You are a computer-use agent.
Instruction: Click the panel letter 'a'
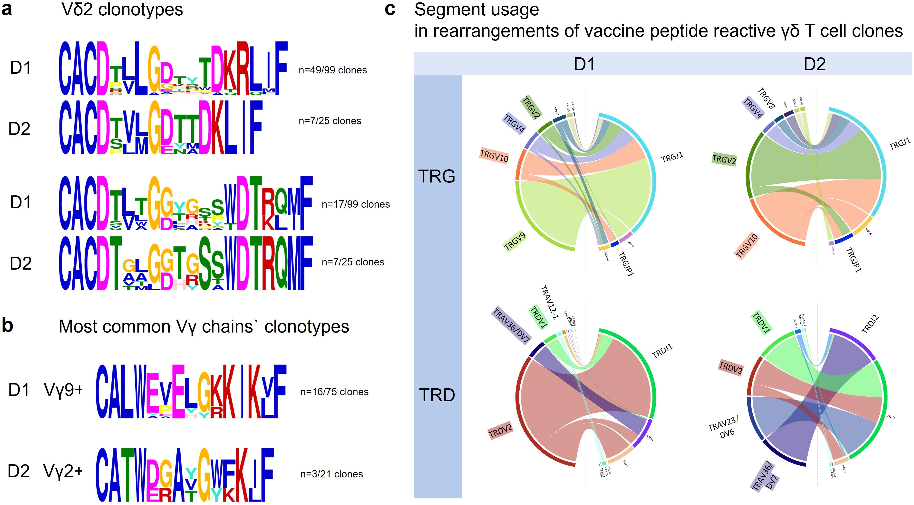coord(7,10)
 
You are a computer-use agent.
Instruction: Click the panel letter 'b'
coord(8,325)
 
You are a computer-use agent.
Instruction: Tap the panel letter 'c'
coord(390,10)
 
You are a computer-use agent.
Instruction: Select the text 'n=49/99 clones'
coord(332,70)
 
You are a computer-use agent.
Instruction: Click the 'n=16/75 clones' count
coord(334,392)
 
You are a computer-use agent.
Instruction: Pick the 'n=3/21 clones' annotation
coord(331,474)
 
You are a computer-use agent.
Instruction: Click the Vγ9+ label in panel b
coord(63,390)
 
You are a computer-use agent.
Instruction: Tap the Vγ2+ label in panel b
coord(63,472)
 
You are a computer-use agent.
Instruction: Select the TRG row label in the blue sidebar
coord(437,176)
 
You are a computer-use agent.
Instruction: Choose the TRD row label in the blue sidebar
coord(437,395)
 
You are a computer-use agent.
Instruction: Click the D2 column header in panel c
coord(815,64)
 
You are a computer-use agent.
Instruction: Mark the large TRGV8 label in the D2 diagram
coord(766,98)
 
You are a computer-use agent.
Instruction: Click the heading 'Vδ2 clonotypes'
coord(122,10)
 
